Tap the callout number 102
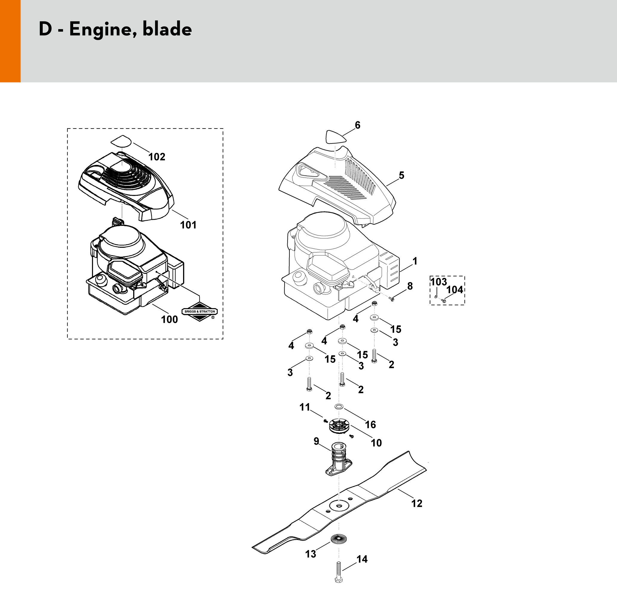[x=157, y=157]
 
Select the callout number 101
[x=188, y=225]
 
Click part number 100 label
[x=170, y=319]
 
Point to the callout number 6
[x=357, y=126]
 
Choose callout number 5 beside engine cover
[x=401, y=175]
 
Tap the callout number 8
[x=410, y=286]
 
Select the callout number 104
[x=455, y=290]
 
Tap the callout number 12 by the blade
[x=417, y=504]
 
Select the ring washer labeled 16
[x=339, y=407]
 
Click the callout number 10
[x=376, y=443]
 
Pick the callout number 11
[x=305, y=407]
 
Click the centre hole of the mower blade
[x=339, y=505]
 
